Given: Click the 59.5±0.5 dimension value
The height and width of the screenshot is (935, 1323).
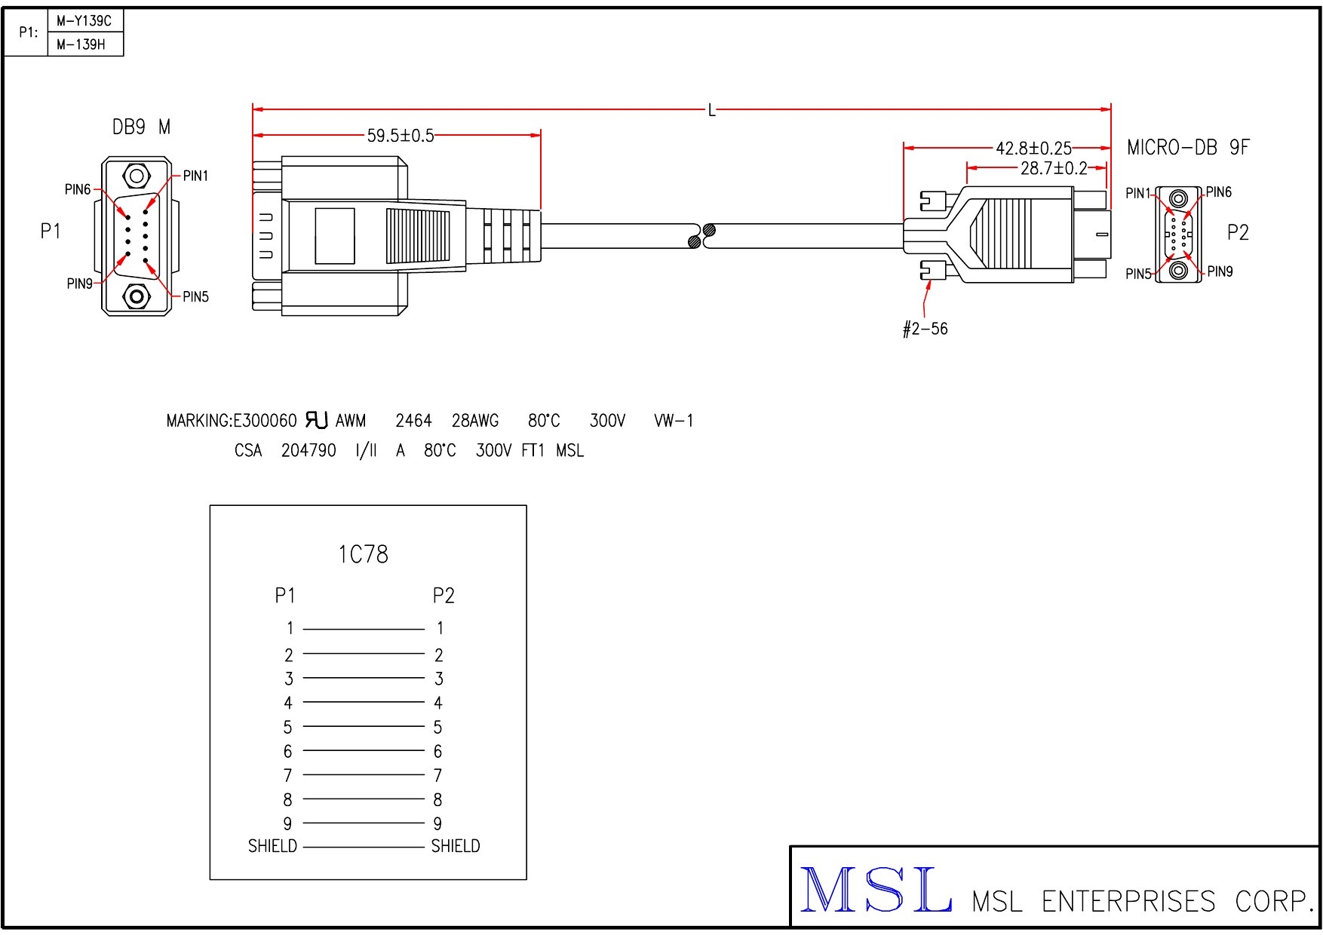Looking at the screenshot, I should tap(401, 136).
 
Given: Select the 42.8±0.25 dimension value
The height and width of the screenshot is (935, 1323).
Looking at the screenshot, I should tap(1033, 148).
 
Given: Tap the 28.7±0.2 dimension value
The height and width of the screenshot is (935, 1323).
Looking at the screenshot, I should tap(1054, 168).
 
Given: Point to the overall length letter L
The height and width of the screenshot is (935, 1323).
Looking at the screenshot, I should tap(711, 111).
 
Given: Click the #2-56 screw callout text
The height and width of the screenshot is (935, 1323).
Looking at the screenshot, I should tap(925, 329).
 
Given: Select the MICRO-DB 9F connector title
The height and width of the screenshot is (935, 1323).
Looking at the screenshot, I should tap(1187, 147).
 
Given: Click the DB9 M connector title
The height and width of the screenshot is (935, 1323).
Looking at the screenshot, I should tap(141, 127).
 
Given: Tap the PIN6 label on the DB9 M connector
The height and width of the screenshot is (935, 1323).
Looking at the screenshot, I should tap(78, 189).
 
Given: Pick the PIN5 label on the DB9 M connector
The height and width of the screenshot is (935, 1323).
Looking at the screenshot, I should tap(195, 296).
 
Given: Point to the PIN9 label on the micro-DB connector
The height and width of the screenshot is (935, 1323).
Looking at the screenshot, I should tap(1220, 271).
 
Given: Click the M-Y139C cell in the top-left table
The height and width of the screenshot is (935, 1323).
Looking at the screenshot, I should tap(84, 21).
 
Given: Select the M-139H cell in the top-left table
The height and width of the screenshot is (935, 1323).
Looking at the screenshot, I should tap(81, 44).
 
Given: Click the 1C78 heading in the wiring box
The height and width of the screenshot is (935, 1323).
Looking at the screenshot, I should tap(363, 555).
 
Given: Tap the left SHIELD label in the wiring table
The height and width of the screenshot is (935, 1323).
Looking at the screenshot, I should tap(272, 846).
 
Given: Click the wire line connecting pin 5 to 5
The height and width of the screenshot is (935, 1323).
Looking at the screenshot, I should tap(364, 727).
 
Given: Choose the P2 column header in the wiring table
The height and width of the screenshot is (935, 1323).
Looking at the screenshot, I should tap(444, 596).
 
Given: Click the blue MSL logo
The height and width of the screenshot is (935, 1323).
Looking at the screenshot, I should tap(875, 891).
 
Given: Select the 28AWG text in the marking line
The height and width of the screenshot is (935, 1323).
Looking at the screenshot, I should tap(475, 421).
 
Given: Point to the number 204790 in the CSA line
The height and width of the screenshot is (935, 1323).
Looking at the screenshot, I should tap(308, 451).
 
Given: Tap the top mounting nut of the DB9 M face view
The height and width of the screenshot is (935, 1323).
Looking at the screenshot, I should tap(137, 176).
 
